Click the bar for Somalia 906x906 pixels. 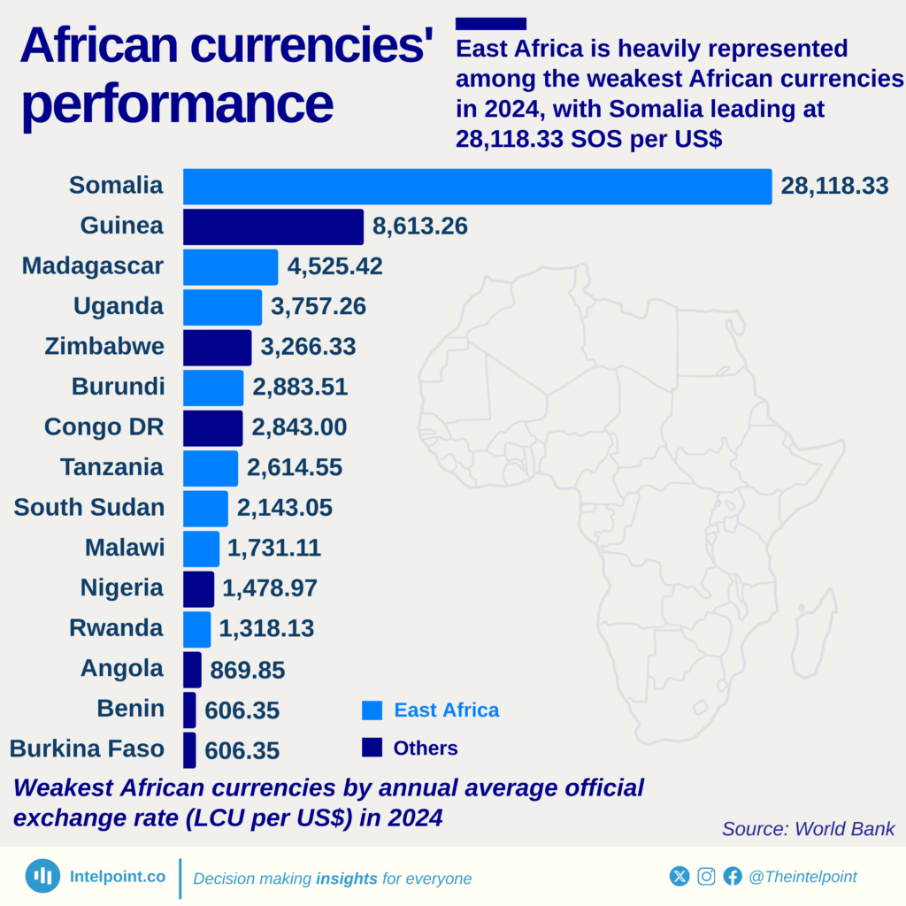pos(477,187)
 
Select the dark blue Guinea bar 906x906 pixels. pos(273,227)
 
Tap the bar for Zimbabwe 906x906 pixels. pos(218,348)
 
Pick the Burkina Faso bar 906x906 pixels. pos(189,749)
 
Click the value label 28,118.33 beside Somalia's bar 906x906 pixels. pos(833,187)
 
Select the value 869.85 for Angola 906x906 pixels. pos(248,670)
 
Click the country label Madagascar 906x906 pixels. pos(93,266)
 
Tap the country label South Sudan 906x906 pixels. pos(89,508)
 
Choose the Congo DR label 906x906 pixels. pos(104,427)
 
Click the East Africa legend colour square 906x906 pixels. pos(372,710)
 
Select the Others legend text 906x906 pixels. pos(426,749)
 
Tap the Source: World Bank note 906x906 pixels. pos(808,829)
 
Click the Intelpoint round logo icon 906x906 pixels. pos(42,876)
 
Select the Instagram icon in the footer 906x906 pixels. pos(706,876)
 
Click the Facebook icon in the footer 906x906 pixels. pos(733,876)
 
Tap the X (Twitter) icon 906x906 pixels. pos(679,876)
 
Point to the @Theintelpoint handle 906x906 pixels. pos(802,877)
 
